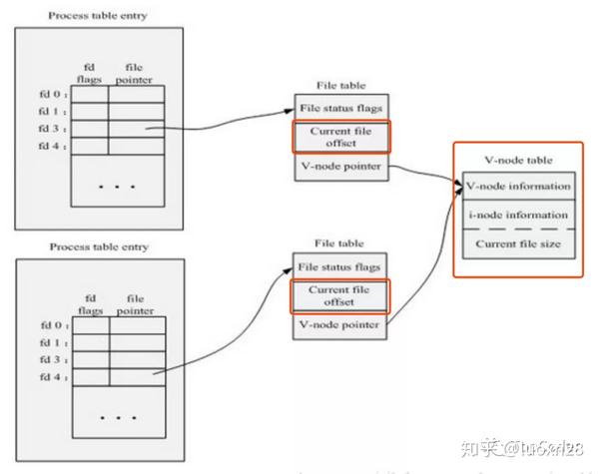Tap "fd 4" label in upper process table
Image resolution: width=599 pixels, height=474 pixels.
coord(50,146)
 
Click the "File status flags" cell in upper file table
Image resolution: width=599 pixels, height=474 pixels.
coord(339,108)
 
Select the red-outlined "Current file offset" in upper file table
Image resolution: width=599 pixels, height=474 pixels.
coord(339,137)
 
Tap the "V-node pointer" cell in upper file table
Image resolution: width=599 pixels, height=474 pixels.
coord(339,166)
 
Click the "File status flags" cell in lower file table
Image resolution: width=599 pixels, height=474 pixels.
coord(339,266)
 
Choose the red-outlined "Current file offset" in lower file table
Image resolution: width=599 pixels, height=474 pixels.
coord(339,295)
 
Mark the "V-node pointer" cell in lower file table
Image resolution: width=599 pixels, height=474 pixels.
coord(339,325)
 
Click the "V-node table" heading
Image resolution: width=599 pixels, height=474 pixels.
coord(516,160)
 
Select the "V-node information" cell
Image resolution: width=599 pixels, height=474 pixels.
coord(517,186)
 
